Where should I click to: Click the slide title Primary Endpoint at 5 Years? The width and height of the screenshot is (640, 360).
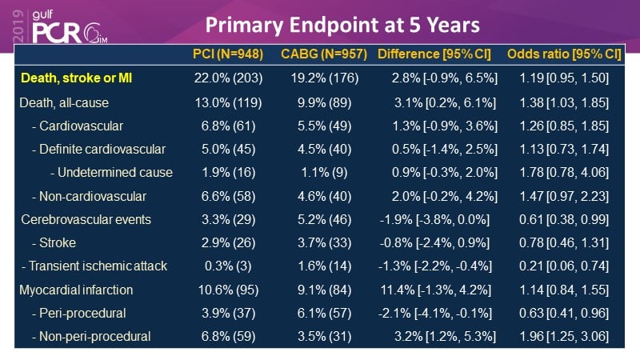pyautogui.click(x=342, y=24)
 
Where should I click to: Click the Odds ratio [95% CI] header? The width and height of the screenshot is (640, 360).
pyautogui.click(x=565, y=54)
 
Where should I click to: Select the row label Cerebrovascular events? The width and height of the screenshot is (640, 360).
pyautogui.click(x=85, y=218)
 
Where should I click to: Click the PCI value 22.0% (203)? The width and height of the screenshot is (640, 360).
pyautogui.click(x=228, y=78)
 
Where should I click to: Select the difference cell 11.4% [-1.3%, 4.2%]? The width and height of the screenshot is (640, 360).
pyautogui.click(x=442, y=289)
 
